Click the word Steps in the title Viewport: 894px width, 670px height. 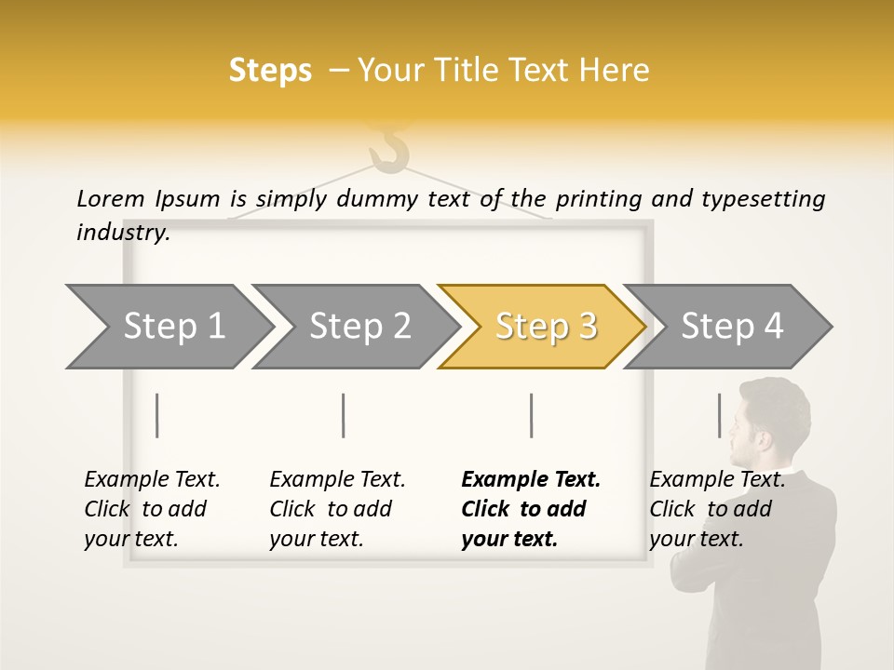point(270,71)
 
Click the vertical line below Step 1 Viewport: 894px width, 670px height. point(157,415)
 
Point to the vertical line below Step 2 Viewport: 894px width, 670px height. point(344,415)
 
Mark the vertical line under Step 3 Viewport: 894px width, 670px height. point(531,415)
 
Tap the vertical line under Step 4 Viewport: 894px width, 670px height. point(719,415)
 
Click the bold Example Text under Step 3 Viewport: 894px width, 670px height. point(531,479)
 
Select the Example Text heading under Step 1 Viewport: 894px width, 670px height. point(152,479)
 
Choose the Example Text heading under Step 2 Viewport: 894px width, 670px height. point(337,479)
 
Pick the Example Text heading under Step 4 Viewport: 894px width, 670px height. point(717,479)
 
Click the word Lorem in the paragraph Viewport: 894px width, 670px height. point(110,198)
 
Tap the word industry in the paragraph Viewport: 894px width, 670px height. point(123,233)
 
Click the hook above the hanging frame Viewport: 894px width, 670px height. point(389,149)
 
